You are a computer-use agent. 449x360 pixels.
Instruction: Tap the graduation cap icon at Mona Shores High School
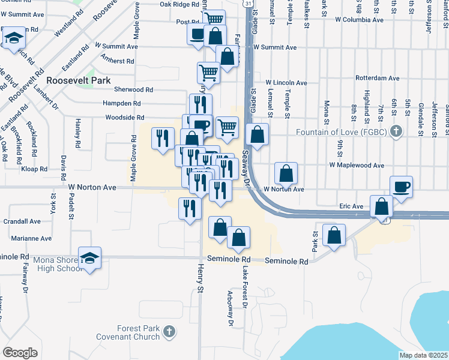(89, 258)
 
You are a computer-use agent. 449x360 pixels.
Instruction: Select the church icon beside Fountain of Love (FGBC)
(395, 131)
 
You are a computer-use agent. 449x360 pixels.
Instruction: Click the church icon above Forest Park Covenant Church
(169, 330)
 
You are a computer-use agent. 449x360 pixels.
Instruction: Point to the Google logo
(20, 353)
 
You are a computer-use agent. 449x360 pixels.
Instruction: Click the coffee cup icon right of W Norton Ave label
(401, 187)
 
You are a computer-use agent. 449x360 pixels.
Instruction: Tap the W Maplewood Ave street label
(356, 165)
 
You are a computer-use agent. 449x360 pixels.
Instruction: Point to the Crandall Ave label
(22, 221)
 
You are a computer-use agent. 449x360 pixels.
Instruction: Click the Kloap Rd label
(34, 170)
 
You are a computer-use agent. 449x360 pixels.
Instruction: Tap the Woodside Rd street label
(125, 118)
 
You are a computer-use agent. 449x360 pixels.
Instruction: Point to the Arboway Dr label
(231, 309)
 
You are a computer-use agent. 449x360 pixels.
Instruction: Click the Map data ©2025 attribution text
(424, 355)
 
